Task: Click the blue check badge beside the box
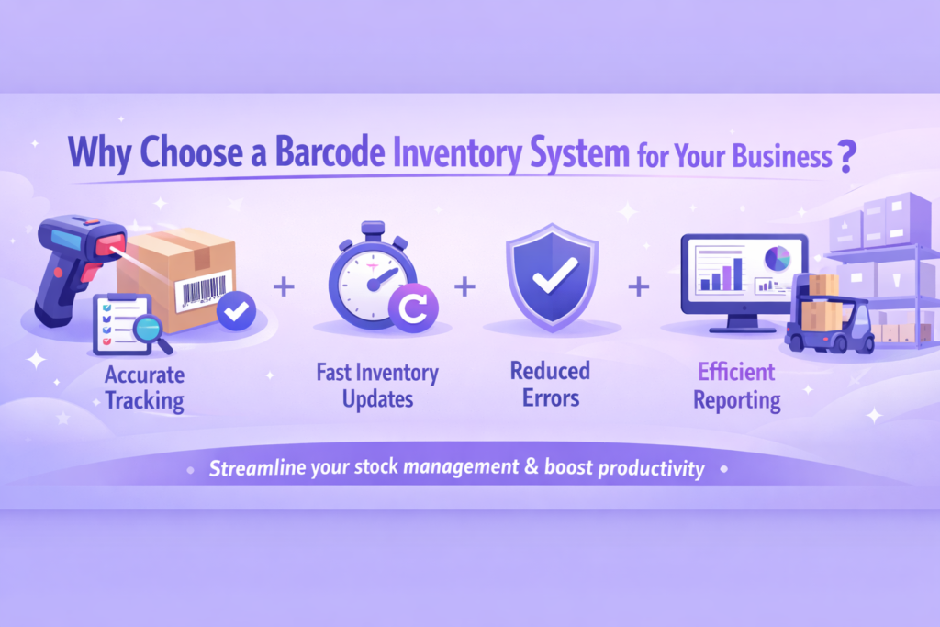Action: coord(237,313)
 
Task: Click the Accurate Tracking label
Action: coord(145,387)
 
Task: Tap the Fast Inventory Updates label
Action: coord(376,386)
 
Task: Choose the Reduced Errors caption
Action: coord(551,385)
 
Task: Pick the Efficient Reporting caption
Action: coord(737,386)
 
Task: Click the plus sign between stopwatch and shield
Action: coord(465,287)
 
